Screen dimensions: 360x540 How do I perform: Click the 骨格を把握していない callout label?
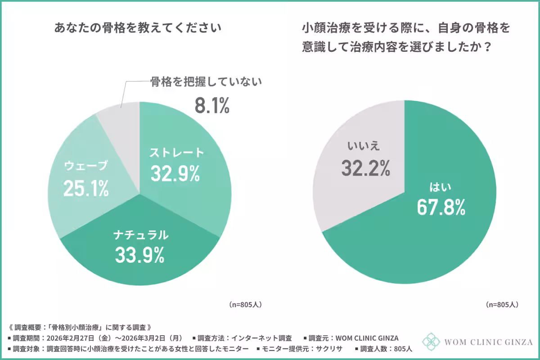206,82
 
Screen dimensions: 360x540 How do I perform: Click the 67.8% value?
441,207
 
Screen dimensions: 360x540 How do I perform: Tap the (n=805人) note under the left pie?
245,305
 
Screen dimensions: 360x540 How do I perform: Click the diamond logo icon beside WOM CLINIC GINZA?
431,342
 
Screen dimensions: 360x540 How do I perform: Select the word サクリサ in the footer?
330,348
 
